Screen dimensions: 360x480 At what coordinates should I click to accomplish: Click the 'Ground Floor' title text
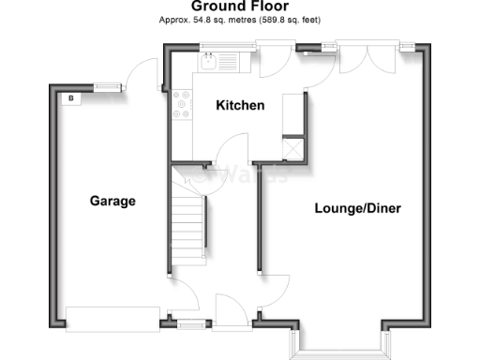239,7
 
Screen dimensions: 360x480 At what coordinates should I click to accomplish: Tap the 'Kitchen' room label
240,106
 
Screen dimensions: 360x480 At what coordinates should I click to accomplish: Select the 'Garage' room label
112,201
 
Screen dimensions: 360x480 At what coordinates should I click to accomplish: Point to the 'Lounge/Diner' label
357,208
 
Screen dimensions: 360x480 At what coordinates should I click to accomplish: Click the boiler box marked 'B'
70,96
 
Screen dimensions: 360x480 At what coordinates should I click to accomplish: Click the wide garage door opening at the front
112,319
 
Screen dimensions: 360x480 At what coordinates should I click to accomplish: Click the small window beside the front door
190,324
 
